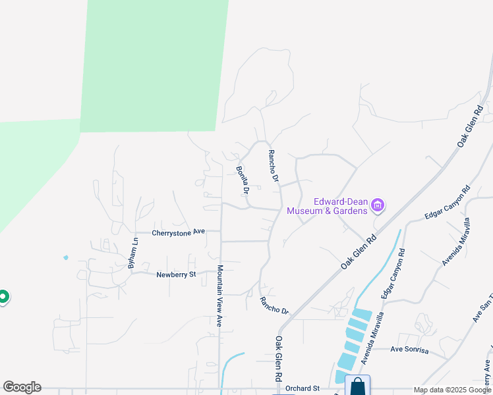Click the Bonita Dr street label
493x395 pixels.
(x=242, y=180)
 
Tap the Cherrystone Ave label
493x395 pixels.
(x=179, y=232)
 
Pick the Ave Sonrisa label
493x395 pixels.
(x=409, y=350)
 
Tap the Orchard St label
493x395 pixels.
(x=303, y=388)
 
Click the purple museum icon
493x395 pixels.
(x=378, y=206)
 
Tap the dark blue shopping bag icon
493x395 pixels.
(x=357, y=386)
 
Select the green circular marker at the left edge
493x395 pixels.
(x=3, y=298)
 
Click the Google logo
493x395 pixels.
(x=22, y=387)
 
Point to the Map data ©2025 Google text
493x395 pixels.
(x=452, y=390)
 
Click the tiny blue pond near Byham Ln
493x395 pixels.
(x=65, y=257)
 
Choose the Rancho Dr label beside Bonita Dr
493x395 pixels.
(x=274, y=167)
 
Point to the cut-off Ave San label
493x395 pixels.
(x=482, y=307)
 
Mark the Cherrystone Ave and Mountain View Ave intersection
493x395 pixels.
(x=221, y=232)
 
